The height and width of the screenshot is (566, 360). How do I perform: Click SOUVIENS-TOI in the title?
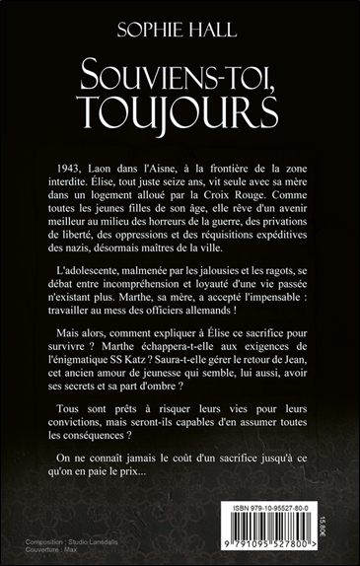(180, 66)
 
